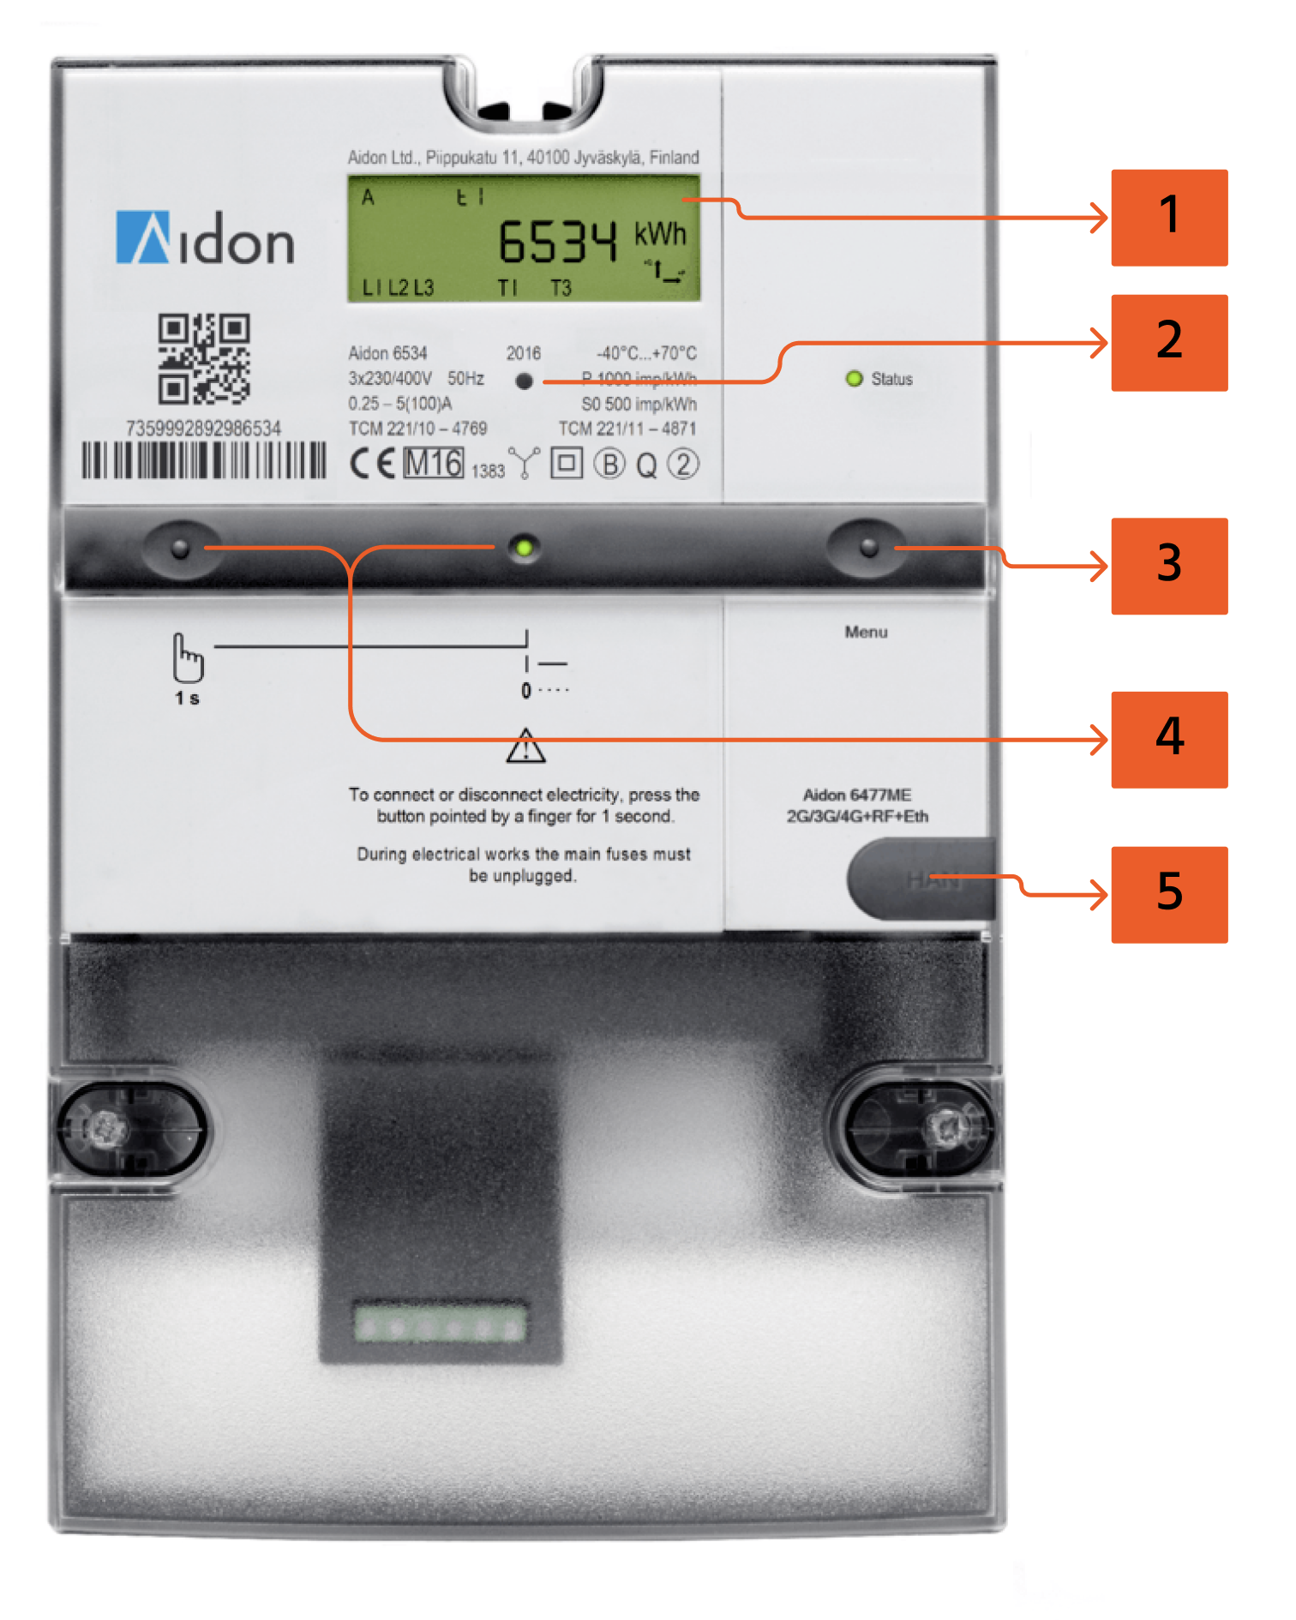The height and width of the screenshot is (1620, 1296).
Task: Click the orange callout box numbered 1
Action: (1168, 218)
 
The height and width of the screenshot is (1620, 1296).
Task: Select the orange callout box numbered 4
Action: (1168, 739)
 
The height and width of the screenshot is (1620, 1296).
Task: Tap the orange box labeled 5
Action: (1168, 894)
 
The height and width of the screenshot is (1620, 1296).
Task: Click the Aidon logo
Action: (205, 238)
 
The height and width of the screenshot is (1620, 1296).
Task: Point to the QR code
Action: (203, 358)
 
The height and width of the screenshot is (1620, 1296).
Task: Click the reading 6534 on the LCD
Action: (557, 242)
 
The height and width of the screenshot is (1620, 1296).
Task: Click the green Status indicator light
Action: (854, 379)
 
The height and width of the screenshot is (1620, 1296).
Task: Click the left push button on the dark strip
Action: (180, 549)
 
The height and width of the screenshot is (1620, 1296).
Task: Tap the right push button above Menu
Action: (868, 547)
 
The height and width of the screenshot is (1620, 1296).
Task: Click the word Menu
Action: (866, 632)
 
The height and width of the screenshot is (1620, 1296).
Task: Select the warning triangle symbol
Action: (525, 747)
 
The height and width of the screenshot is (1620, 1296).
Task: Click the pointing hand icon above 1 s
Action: (188, 658)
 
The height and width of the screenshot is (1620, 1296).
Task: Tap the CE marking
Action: (372, 464)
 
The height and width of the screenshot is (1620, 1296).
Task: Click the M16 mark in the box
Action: (434, 464)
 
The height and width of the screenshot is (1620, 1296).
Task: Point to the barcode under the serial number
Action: (204, 460)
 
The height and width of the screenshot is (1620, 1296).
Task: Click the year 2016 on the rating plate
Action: (523, 353)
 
